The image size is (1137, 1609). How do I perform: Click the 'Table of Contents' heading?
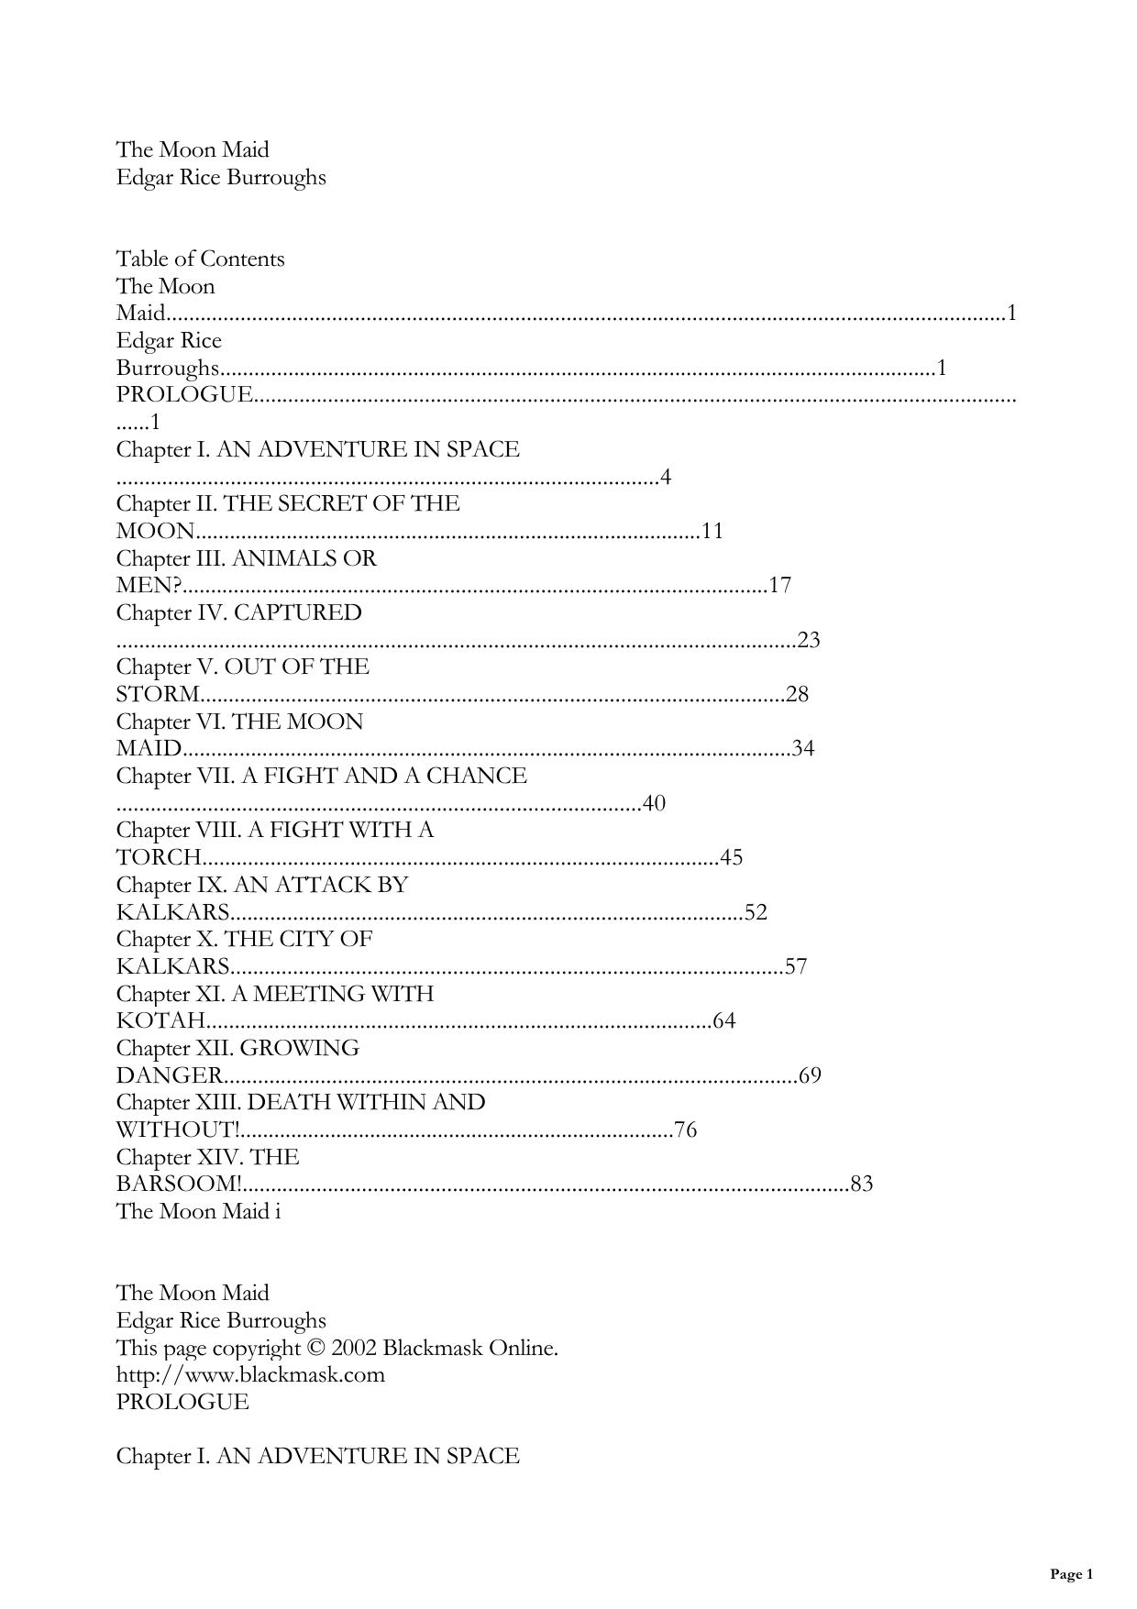click(x=200, y=259)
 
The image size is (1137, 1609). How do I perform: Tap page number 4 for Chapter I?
click(x=666, y=477)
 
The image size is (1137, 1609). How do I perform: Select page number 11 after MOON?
click(x=712, y=531)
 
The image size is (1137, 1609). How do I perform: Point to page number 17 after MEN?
click(x=779, y=585)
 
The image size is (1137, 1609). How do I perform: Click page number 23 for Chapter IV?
click(x=809, y=640)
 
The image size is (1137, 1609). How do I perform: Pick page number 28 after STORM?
click(x=797, y=694)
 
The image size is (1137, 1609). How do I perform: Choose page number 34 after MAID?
click(x=803, y=748)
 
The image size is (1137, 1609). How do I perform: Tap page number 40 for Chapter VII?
click(x=654, y=803)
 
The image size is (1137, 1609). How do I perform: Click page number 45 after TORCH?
click(x=731, y=857)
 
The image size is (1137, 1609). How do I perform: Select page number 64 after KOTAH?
click(x=724, y=1020)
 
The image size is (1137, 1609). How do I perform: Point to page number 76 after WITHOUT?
click(x=685, y=1130)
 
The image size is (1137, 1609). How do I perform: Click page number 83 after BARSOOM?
click(x=862, y=1184)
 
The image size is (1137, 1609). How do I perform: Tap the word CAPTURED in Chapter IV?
click(x=298, y=612)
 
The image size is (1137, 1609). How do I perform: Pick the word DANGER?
click(x=169, y=1075)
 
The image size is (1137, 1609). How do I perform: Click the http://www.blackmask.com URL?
click(x=250, y=1374)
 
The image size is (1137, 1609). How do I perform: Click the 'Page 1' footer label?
click(x=1071, y=1574)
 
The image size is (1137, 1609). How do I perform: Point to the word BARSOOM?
click(x=179, y=1184)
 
